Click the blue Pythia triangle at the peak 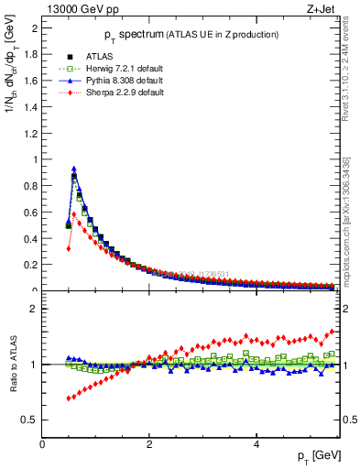click(x=73, y=169)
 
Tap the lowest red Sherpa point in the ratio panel click(x=68, y=398)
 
